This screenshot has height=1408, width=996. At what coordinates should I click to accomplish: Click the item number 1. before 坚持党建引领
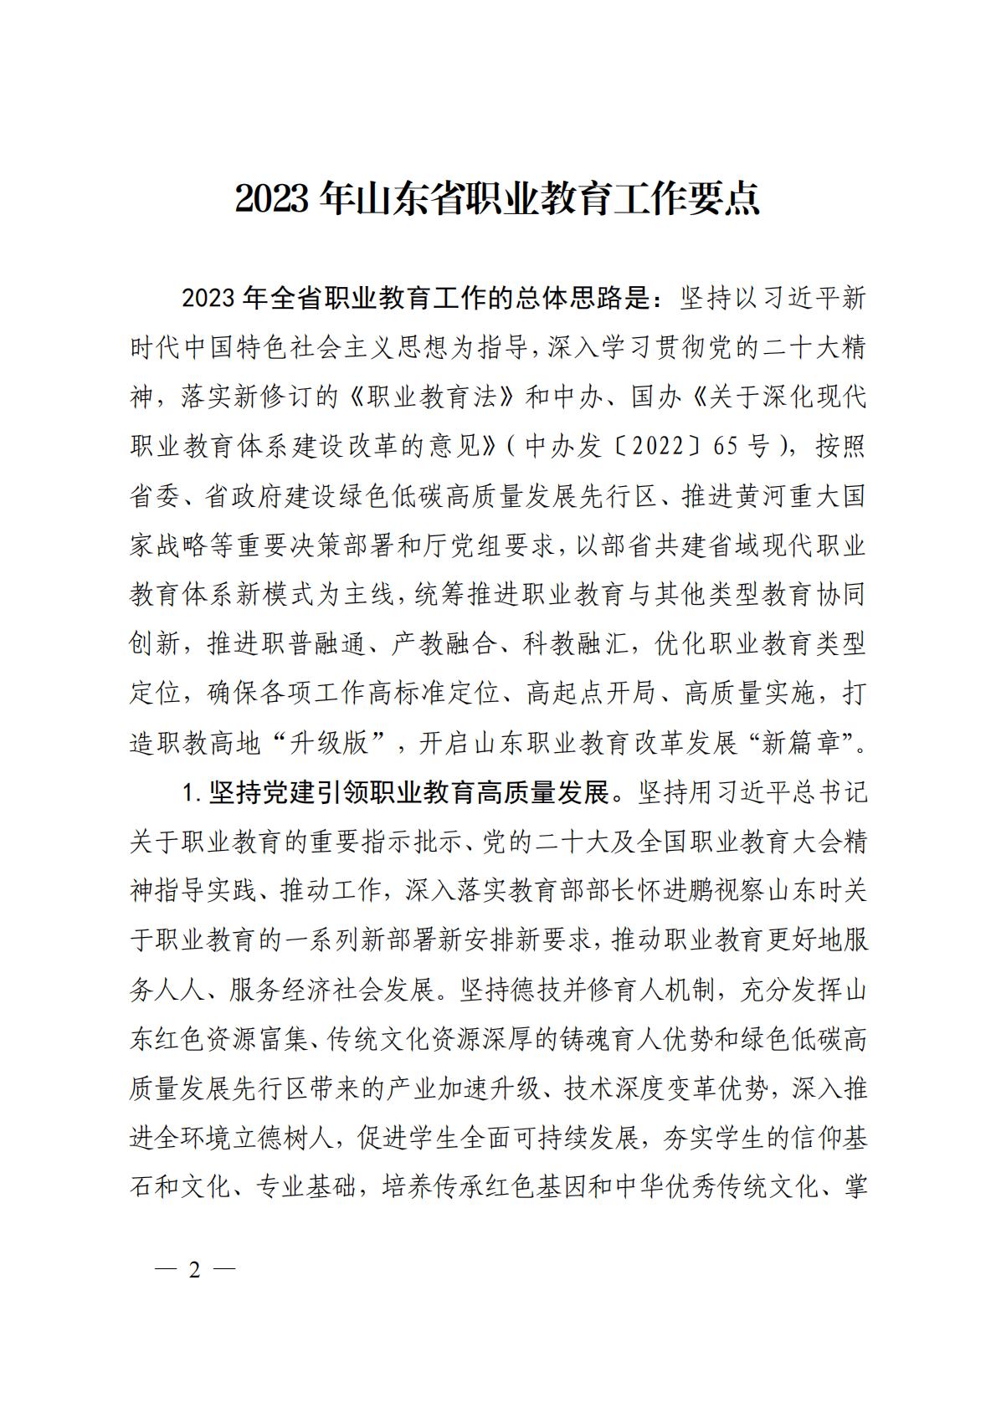(x=192, y=793)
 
